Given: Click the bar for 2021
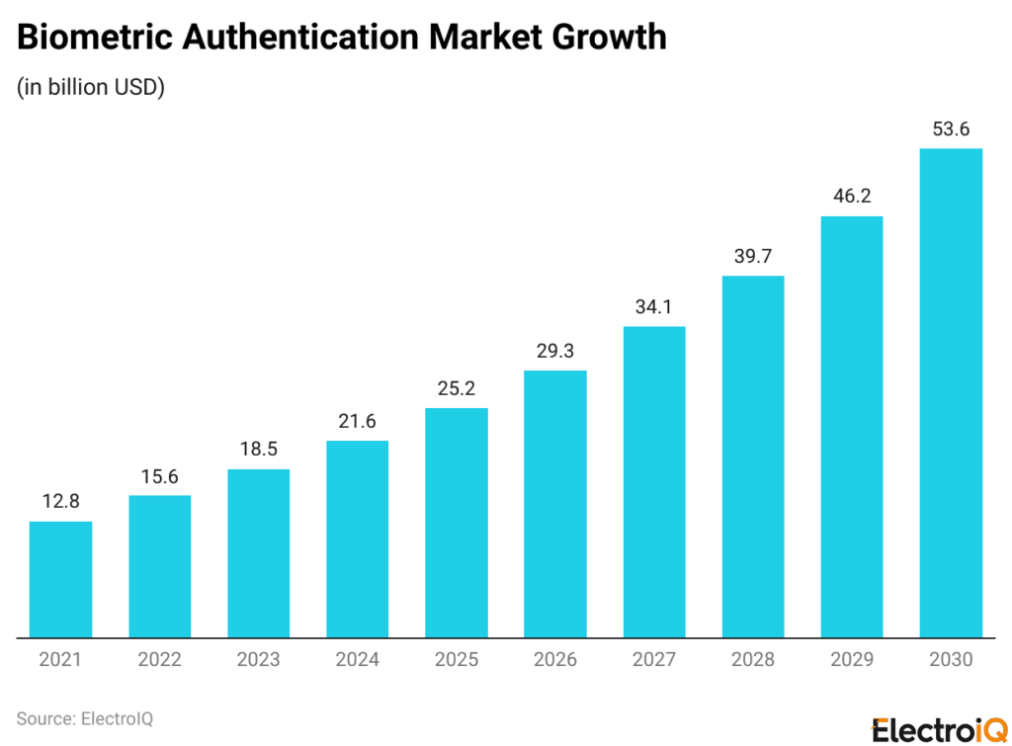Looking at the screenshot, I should (60, 579).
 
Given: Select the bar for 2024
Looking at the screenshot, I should (357, 539).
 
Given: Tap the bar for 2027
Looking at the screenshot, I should (653, 481).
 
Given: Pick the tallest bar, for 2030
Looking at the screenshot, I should (951, 392).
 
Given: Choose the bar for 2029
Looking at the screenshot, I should (852, 426).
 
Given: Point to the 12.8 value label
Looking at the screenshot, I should (60, 501).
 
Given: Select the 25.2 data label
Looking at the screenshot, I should (456, 387).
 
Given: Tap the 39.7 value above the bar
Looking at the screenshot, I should (753, 255).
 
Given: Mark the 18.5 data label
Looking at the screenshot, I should (258, 449).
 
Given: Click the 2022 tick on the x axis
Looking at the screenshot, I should (159, 660).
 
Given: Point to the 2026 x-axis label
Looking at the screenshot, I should (554, 660).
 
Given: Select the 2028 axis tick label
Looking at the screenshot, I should (753, 660).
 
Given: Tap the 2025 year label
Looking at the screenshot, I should (456, 660).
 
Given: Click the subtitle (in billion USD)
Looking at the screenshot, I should (90, 87).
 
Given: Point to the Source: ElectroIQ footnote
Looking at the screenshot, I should (84, 718).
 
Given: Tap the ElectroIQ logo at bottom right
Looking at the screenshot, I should (934, 727).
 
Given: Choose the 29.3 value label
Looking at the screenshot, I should (554, 350).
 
